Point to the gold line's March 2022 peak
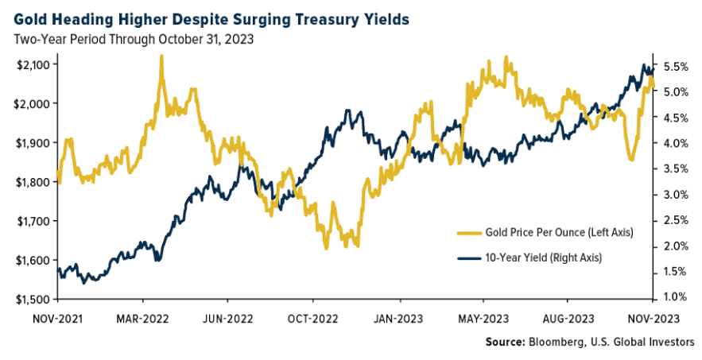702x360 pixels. (x=161, y=57)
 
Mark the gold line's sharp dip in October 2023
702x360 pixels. (x=631, y=160)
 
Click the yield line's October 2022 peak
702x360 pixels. (x=347, y=111)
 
